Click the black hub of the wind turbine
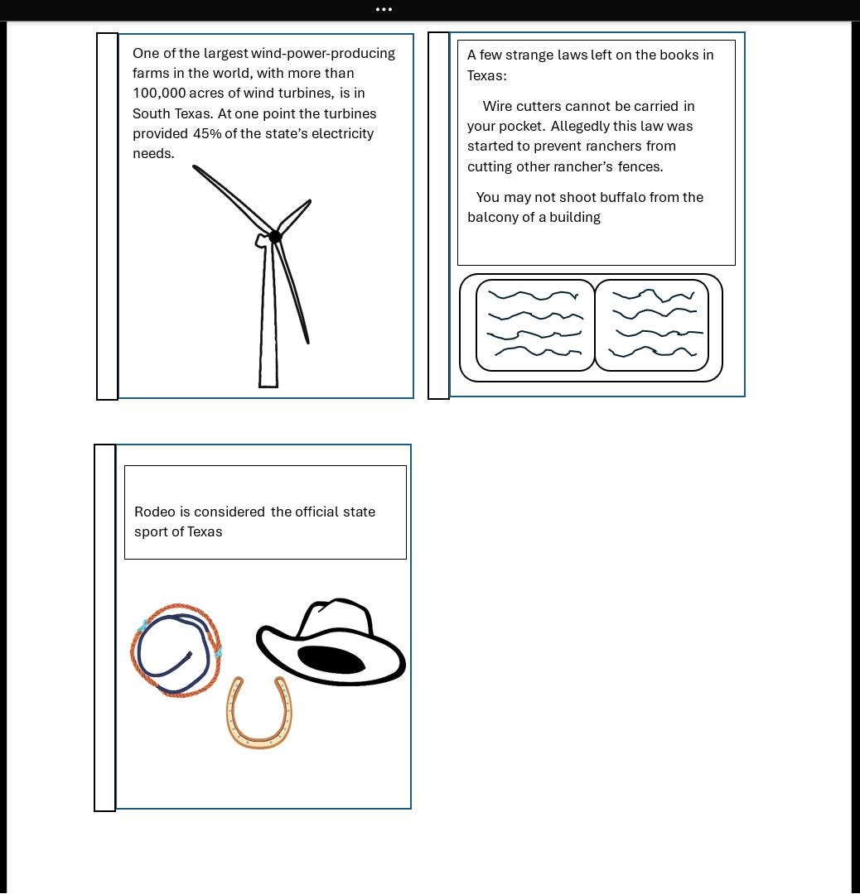point(275,237)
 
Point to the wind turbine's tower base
point(268,382)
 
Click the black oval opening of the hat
point(331,661)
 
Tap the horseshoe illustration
point(259,712)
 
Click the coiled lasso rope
point(176,651)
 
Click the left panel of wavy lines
point(535,325)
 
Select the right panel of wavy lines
point(652,325)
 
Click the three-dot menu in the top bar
point(384,10)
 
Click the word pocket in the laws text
point(521,127)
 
